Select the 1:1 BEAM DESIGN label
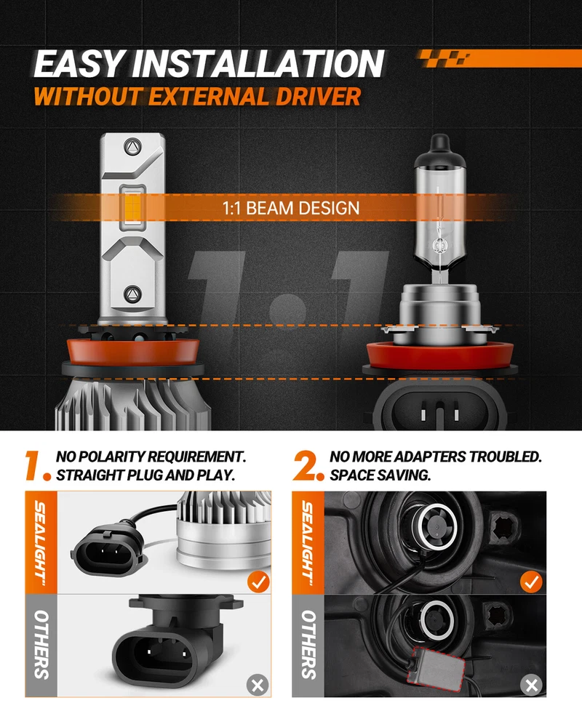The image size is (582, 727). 291,208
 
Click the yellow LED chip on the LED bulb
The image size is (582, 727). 132,207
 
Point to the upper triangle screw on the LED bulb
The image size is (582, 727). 132,147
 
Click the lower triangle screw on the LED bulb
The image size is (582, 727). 132,294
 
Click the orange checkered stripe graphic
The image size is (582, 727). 499,58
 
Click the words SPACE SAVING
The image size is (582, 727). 380,475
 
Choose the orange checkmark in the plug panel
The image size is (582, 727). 258,582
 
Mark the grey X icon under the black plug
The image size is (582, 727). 258,684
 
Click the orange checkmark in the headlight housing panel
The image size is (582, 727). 531,582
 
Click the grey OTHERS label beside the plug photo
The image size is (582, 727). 41,645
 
